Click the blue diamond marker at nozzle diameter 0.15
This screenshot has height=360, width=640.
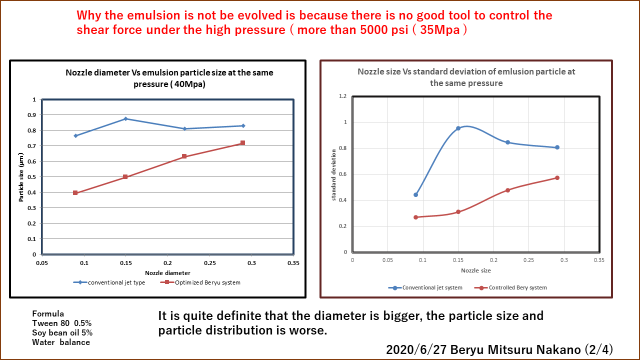click(125, 118)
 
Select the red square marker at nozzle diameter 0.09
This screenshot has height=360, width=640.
click(75, 192)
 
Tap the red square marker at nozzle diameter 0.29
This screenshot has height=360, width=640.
click(242, 143)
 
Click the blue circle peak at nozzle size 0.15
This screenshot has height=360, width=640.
click(458, 128)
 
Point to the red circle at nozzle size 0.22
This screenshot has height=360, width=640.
click(507, 190)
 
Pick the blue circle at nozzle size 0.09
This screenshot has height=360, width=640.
click(415, 194)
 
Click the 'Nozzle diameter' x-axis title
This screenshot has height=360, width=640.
click(167, 273)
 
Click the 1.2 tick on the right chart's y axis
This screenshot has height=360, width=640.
click(342, 96)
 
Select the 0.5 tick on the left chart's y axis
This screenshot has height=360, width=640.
click(33, 177)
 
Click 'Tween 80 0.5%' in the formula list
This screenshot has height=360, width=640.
click(62, 323)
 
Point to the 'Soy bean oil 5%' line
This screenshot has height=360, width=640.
click(62, 333)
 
